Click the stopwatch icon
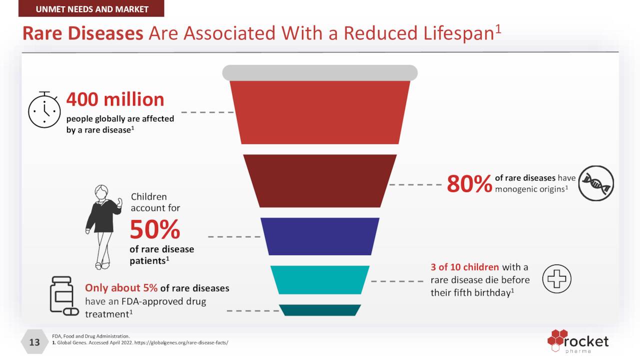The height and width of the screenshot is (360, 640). [x=44, y=109]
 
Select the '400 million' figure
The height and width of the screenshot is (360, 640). [x=115, y=99]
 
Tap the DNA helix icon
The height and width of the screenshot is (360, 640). [x=596, y=183]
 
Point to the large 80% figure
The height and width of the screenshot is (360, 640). [x=469, y=183]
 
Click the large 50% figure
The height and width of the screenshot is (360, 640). [x=155, y=229]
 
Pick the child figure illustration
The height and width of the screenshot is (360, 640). [x=103, y=227]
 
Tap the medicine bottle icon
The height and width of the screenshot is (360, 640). [x=64, y=295]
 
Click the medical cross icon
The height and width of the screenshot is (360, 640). [x=556, y=278]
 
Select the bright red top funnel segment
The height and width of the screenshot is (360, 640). [x=320, y=112]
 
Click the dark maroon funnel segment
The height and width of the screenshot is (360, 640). [x=320, y=181]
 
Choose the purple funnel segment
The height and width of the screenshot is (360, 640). [x=320, y=236]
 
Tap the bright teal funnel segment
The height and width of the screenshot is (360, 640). [x=320, y=279]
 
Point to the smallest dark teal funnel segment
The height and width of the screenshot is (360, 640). [x=320, y=310]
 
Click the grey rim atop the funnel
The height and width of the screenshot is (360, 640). [x=320, y=72]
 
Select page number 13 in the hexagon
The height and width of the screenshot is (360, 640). [x=34, y=342]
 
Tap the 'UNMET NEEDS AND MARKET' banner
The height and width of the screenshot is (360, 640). [x=91, y=8]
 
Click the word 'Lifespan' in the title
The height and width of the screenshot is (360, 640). [x=458, y=33]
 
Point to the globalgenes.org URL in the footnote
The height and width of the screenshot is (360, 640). [x=181, y=342]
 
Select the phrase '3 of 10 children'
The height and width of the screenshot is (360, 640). [x=465, y=267]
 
